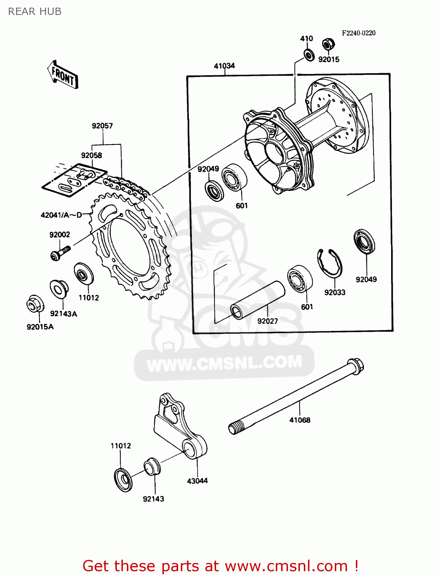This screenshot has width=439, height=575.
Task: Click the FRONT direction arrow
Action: click(63, 75)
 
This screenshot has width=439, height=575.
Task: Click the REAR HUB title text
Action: click(35, 11)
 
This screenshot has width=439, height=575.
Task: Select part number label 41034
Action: click(224, 66)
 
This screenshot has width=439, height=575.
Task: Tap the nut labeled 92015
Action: click(327, 44)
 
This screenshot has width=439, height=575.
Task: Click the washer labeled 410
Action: click(309, 54)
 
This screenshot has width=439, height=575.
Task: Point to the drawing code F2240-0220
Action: click(359, 33)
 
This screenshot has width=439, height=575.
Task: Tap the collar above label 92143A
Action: click(59, 288)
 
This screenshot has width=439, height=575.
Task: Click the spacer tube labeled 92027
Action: click(257, 300)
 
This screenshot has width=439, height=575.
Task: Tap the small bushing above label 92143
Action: click(152, 466)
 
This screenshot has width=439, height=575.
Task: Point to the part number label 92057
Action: click(102, 126)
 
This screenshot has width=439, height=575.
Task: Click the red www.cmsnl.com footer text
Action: click(220, 566)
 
